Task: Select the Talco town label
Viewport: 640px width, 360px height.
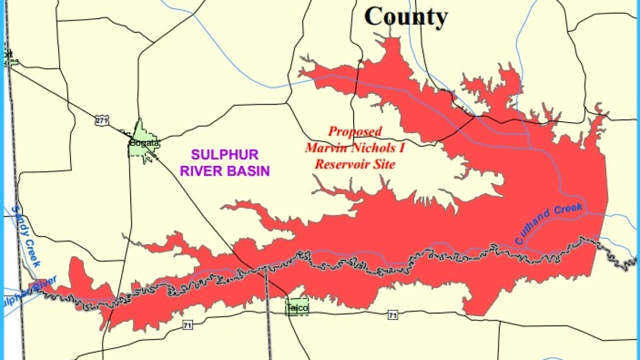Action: (297, 308)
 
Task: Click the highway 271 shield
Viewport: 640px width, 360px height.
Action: (102, 121)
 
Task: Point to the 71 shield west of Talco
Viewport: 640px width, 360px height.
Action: (187, 325)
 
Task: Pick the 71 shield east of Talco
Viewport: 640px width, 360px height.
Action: (393, 315)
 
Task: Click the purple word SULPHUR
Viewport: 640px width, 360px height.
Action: (225, 155)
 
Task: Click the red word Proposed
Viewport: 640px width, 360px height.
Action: (355, 131)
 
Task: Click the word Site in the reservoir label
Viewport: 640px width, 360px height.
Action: (385, 164)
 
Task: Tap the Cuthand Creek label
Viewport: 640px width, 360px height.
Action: (550, 223)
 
